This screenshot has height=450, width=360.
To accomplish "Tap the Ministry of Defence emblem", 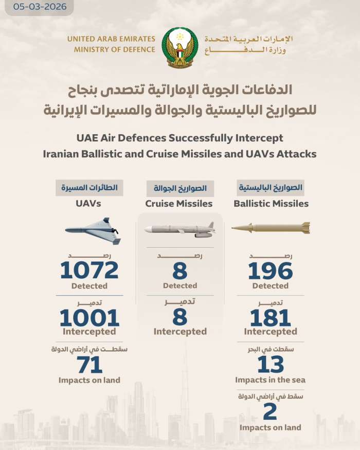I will coord(179,48).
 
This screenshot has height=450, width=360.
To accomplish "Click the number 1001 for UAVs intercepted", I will coord(89,318).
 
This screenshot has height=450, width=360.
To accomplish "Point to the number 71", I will coord(89,365).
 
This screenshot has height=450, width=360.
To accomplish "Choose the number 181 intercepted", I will coord(270,318).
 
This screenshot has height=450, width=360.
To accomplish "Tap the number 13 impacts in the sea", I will coord(270,365).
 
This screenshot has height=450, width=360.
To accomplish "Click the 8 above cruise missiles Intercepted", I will coord(179,318).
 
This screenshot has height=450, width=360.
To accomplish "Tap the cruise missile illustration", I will coord(179,229).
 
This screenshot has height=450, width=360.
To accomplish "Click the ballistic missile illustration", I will coord(271,227).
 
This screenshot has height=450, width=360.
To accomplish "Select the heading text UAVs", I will coord(89,204).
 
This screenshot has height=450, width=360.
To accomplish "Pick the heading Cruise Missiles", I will coord(179,204).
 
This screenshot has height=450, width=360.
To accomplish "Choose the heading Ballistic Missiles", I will coord(271,204).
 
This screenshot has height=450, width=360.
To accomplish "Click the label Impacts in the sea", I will coord(270,380).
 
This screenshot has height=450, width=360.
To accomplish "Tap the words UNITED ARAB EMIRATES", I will coord(111,39).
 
